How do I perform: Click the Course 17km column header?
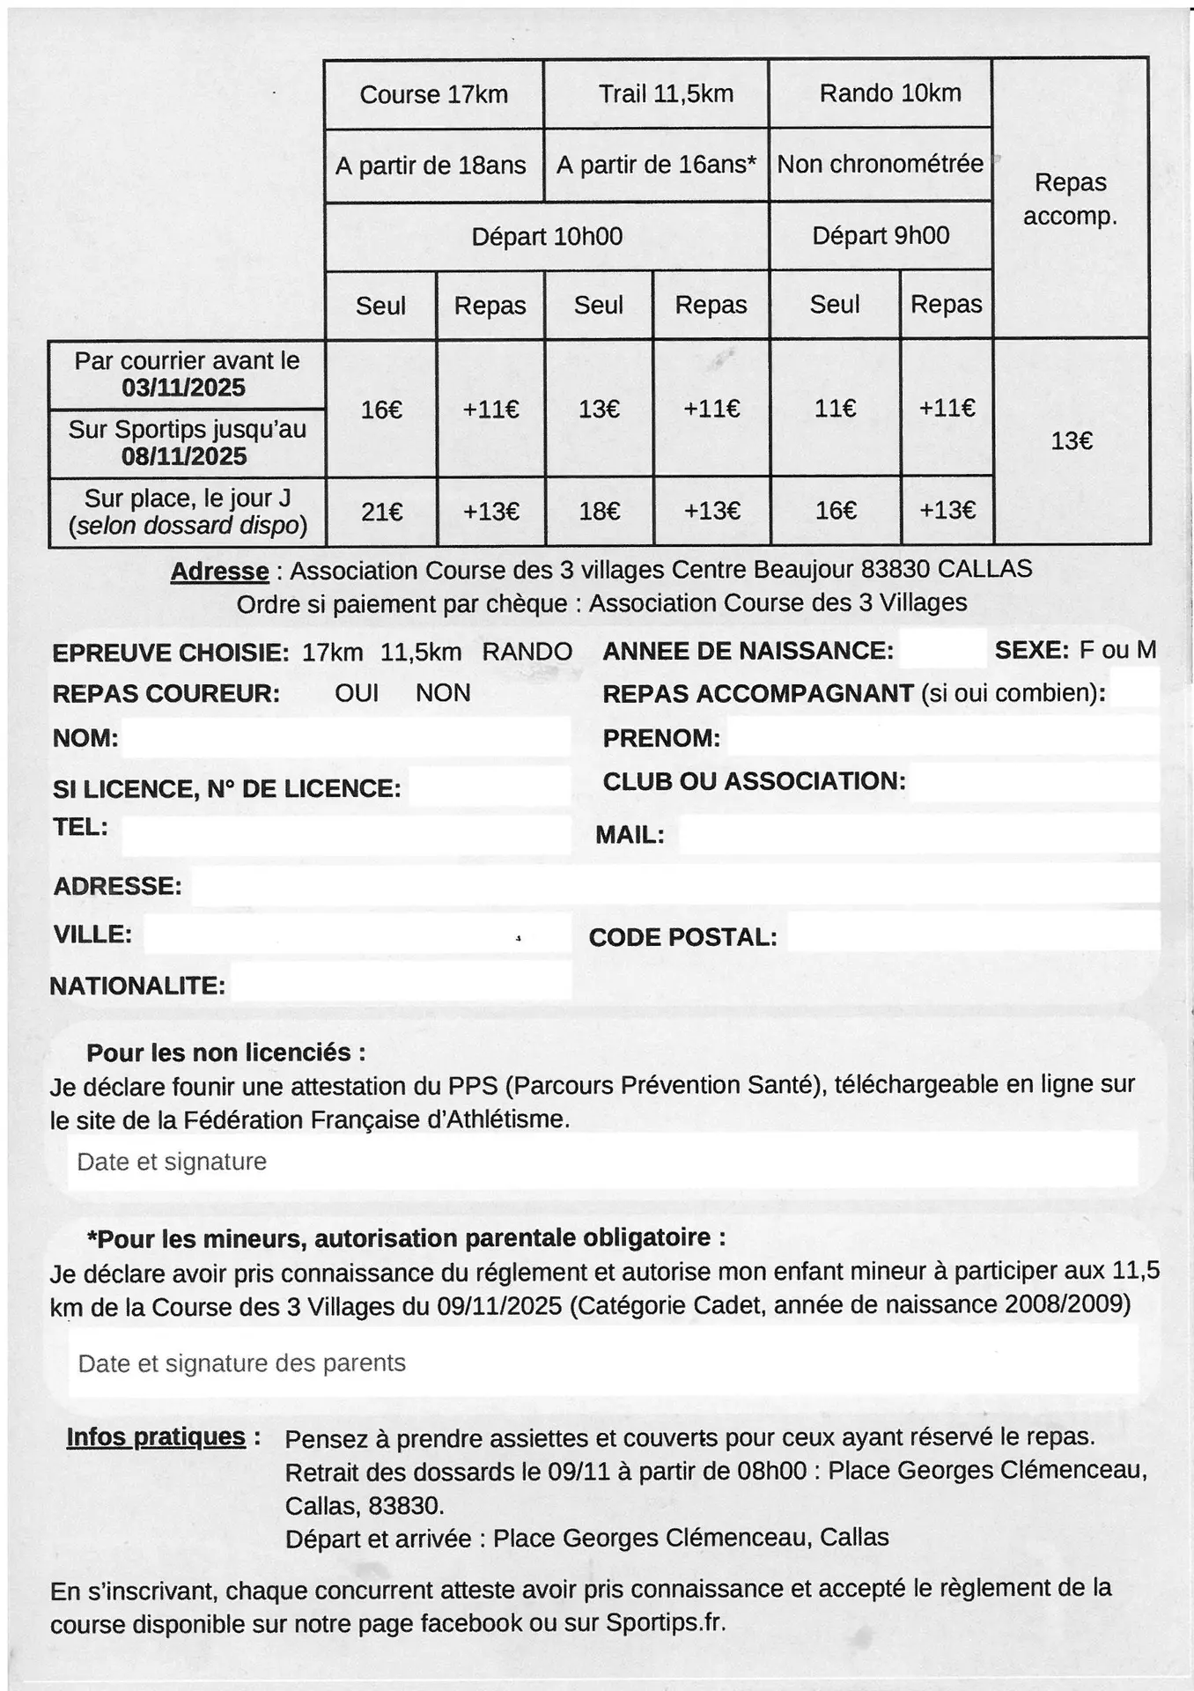point(433,95)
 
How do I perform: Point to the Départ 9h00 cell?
point(881,236)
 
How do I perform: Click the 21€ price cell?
point(382,512)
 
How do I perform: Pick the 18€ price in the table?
point(600,512)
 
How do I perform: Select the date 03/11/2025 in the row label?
point(184,388)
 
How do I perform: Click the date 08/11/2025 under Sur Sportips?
point(184,456)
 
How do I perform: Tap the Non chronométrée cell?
point(881,164)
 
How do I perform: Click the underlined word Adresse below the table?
point(219,572)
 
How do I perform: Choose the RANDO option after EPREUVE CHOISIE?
point(527,652)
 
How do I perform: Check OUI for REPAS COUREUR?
point(357,693)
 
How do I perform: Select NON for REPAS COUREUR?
point(443,693)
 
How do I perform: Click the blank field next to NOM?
point(345,737)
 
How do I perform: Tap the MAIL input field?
point(918,834)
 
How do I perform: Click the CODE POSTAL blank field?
point(972,934)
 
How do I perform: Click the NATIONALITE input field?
point(401,982)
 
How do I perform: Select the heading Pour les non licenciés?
point(225,1052)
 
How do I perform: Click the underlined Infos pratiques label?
point(156,1437)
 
